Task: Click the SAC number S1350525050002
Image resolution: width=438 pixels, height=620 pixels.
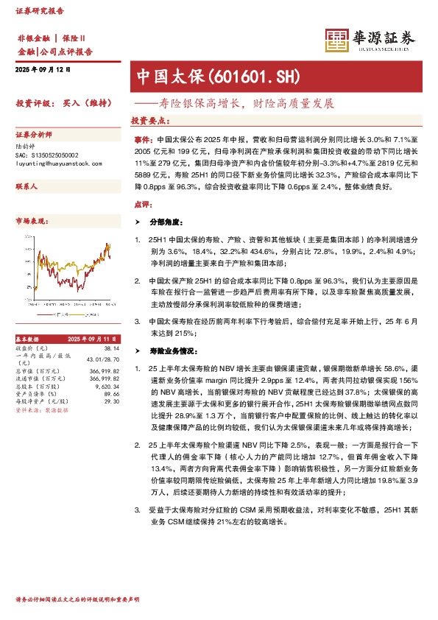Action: pyautogui.click(x=46, y=155)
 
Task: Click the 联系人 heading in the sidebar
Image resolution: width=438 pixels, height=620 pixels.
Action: pyautogui.click(x=27, y=187)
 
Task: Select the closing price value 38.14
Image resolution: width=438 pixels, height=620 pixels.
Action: pyautogui.click(x=111, y=348)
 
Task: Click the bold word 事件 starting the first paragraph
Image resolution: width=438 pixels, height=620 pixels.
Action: pyautogui.click(x=144, y=138)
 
